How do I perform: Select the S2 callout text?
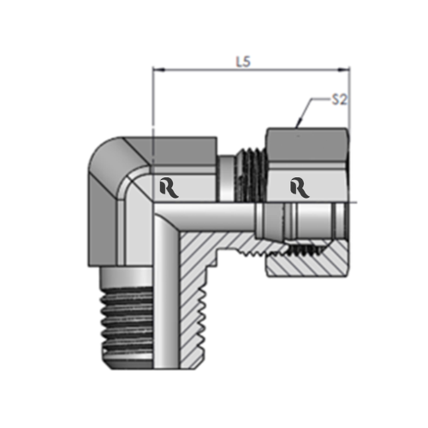[339, 99]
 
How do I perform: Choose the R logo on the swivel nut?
[299, 186]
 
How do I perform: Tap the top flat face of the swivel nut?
[308, 130]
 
